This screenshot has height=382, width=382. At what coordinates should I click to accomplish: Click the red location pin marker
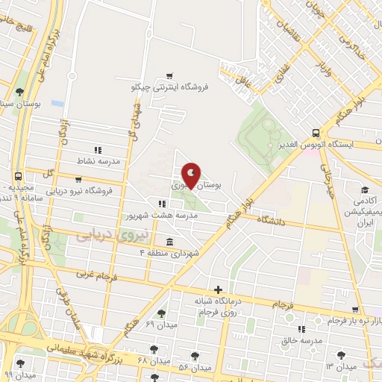point(192,176)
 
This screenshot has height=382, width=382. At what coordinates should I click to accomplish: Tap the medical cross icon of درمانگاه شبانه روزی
point(217,289)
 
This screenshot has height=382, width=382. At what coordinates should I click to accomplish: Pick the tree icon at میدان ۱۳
point(341,356)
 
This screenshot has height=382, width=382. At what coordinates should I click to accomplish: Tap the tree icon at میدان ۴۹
point(161,313)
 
